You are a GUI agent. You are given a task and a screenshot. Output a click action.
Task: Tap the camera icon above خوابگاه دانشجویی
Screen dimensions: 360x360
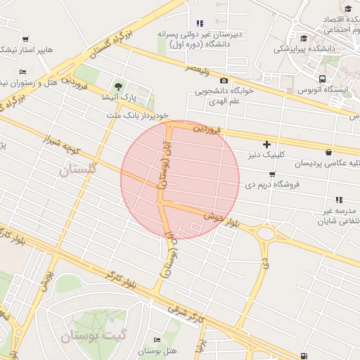(x=224, y=81)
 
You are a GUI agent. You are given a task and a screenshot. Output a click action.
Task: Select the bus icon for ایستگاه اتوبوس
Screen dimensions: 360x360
(x=322, y=79)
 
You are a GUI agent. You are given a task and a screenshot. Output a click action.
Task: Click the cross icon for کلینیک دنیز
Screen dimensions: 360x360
(x=266, y=144)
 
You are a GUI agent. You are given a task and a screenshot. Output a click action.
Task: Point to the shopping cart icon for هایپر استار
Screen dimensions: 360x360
(x=25, y=39)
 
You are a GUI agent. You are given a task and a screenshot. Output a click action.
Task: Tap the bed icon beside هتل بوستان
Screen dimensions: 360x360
(x=156, y=340)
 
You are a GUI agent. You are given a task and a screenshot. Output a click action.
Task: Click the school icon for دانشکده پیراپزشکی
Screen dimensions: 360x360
(x=304, y=38)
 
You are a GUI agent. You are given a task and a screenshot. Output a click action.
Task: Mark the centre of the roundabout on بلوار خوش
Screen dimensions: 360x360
(x=266, y=233)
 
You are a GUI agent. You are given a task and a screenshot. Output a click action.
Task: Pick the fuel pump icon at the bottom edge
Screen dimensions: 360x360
(x=304, y=356)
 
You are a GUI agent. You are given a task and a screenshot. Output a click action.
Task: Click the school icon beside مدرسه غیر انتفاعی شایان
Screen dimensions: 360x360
(x=339, y=200)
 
